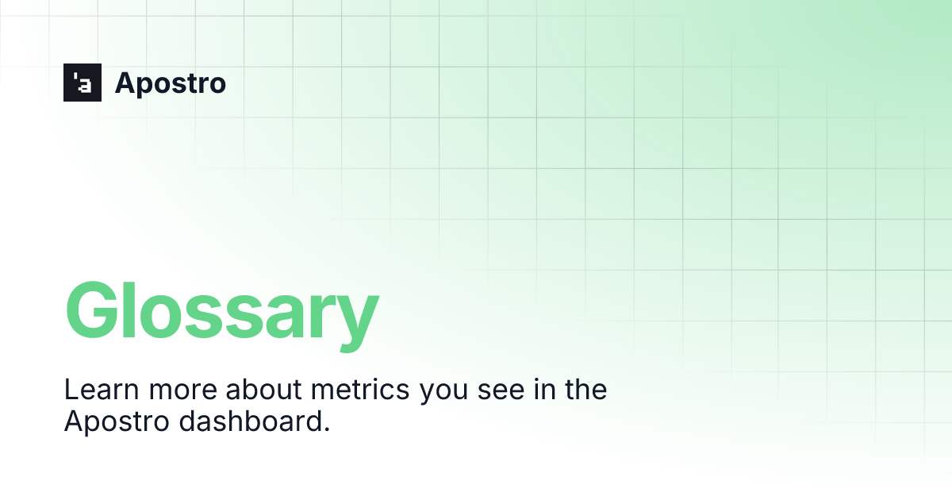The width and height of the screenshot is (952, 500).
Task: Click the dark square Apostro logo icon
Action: pos(83,83)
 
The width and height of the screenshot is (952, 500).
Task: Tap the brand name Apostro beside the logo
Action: pos(171,83)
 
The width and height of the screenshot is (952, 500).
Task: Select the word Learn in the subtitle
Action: pos(102,390)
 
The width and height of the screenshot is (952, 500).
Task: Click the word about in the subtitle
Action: pos(263,390)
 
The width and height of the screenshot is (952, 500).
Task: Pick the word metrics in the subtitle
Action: pos(360,390)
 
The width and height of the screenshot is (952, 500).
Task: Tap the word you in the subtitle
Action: pos(443,394)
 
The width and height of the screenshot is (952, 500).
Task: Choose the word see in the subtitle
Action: pos(501,391)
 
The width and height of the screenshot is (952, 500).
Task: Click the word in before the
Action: pos(545,390)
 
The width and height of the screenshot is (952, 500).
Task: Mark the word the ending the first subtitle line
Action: pos(586,390)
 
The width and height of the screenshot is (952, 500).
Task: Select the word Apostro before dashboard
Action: pos(117,422)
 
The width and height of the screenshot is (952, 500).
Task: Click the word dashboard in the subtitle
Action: pos(250,421)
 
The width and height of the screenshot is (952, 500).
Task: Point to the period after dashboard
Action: pos(326,429)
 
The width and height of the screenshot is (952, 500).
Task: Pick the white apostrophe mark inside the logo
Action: pos(75,76)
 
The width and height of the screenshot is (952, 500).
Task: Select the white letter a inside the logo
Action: pos(85,86)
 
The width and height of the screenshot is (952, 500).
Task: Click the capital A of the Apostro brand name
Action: pos(127,83)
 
